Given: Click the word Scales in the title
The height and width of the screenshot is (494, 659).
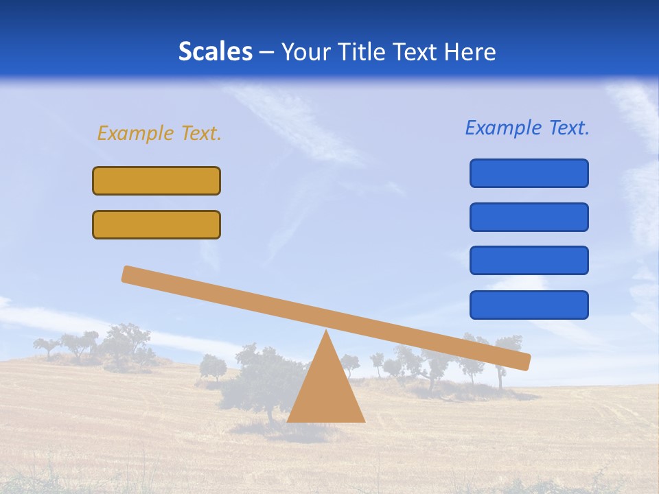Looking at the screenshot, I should (215, 52).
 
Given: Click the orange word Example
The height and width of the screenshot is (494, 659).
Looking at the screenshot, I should (135, 133).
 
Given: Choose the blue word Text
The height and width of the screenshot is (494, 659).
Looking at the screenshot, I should (568, 128).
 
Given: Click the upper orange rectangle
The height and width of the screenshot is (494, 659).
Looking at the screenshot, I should (157, 181).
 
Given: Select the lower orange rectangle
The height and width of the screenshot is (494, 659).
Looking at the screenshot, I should (157, 225).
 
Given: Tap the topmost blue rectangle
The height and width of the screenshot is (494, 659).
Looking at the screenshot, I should (529, 173).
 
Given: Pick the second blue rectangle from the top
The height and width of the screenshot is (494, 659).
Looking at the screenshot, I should (529, 217).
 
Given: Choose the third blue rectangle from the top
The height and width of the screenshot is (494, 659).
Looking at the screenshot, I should (529, 261).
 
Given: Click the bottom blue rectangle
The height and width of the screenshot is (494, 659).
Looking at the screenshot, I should (529, 305).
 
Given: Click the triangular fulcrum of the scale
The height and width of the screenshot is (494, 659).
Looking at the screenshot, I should (326, 391).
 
